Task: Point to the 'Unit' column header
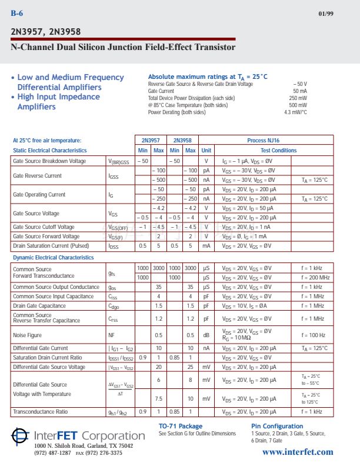[206, 150]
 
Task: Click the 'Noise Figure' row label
[27, 335]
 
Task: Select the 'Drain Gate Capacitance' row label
[39, 306]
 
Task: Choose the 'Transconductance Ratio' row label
[40, 412]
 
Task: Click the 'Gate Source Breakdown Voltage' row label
[49, 161]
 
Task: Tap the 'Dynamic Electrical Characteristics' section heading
[53, 257]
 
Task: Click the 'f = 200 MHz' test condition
[315, 277]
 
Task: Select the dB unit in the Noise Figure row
[206, 335]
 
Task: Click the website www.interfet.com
[297, 452]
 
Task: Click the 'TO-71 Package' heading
[181, 426]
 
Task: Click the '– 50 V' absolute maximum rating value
[300, 84]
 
